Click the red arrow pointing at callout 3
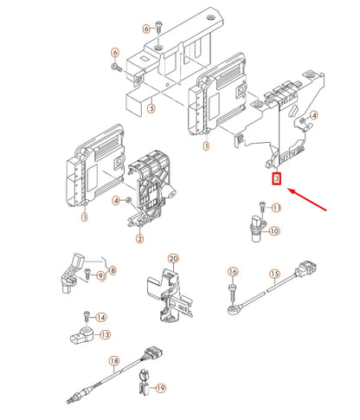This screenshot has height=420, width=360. (x=307, y=200)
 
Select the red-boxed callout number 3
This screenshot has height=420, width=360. (x=277, y=179)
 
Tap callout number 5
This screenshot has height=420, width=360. (x=151, y=109)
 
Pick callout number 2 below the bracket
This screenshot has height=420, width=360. (x=139, y=239)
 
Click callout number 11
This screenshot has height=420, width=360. (x=276, y=208)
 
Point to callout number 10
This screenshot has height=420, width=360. (x=274, y=231)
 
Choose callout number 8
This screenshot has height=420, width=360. (x=112, y=270)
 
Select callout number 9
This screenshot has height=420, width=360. (x=100, y=275)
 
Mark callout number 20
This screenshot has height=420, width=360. (x=173, y=259)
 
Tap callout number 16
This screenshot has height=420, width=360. (x=233, y=272)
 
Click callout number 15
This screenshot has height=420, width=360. (x=274, y=274)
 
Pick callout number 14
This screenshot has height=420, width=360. (x=101, y=318)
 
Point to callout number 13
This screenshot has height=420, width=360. (x=105, y=335)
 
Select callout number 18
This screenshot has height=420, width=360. (x=114, y=361)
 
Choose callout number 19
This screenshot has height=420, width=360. (x=161, y=388)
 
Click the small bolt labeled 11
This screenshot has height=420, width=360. (x=262, y=208)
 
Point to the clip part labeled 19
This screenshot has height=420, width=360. (x=144, y=383)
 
